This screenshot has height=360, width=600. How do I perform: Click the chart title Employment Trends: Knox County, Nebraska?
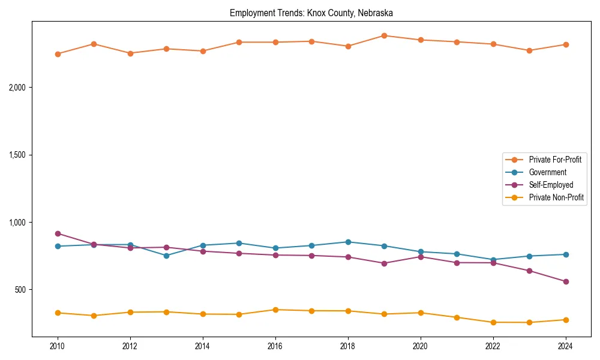click(311, 13)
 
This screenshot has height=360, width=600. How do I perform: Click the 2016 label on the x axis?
click(275, 346)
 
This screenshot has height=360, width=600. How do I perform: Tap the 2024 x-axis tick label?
click(565, 346)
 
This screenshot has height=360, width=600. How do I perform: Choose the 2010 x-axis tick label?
click(58, 346)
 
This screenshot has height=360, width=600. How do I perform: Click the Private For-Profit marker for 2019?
click(384, 35)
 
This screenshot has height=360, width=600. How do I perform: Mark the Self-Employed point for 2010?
click(58, 233)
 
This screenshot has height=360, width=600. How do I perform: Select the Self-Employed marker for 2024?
click(565, 281)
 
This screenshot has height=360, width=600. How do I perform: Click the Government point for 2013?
click(166, 256)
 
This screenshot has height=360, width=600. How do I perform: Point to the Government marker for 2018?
click(348, 242)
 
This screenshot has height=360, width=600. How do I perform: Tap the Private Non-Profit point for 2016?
click(275, 310)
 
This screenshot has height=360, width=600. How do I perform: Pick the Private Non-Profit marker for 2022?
click(493, 322)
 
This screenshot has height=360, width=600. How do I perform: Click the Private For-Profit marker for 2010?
click(58, 54)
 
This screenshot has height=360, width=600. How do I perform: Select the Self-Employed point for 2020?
click(420, 257)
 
